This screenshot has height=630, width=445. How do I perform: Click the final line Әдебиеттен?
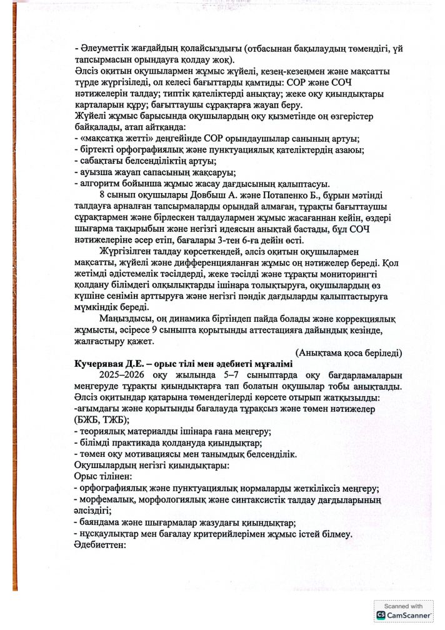pos(101,544)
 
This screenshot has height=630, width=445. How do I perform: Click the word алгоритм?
pos(97,183)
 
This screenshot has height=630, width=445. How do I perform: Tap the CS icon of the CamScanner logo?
pos(381,615)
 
